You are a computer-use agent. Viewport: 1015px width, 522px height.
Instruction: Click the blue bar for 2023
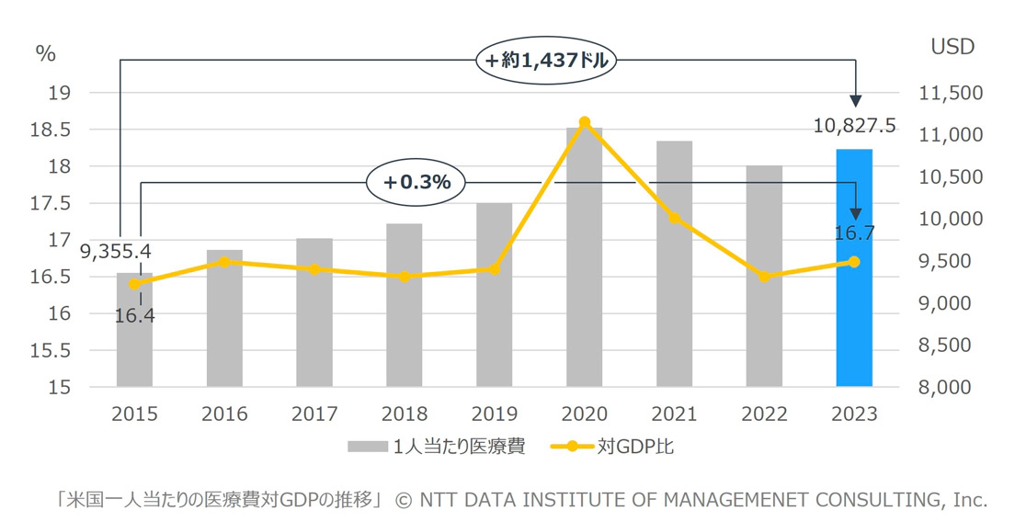854,267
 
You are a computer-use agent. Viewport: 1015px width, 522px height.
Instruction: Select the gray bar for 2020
584,257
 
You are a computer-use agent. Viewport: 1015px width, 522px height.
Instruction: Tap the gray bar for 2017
314,312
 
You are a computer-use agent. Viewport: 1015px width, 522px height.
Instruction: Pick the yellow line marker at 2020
585,122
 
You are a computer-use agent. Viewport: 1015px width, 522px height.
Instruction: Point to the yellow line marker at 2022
764,277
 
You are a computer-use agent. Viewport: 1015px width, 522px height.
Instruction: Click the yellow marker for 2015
135,284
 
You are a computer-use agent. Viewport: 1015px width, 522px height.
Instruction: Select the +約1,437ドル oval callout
547,62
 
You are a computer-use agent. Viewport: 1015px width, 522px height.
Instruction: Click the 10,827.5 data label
855,125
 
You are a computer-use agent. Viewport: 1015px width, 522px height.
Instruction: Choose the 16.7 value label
855,233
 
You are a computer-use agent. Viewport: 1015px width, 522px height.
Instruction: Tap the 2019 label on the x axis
495,414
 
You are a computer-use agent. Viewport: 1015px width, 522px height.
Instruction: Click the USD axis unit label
952,48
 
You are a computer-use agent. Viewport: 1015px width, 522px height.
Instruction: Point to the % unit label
46,53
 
